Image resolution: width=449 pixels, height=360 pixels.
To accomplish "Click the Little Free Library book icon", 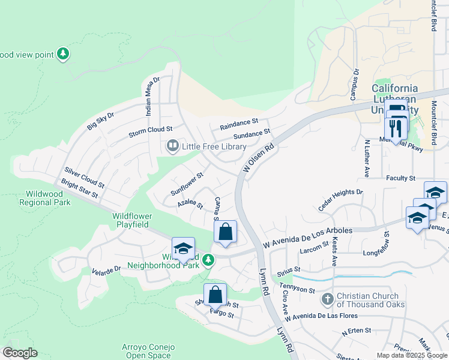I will pyautogui.click(x=173, y=146).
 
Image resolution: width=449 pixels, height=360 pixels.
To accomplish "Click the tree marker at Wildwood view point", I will pyautogui.click(x=63, y=55).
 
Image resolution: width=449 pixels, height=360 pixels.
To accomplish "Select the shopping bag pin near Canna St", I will pyautogui.click(x=225, y=233).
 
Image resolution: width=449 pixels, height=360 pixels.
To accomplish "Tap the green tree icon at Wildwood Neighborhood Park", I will pyautogui.click(x=208, y=260).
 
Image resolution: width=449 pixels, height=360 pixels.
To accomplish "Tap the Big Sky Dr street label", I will pyautogui.click(x=100, y=119).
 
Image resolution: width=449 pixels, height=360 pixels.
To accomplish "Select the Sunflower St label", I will pyautogui.click(x=187, y=184).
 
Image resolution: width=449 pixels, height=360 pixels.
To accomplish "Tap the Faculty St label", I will pyautogui.click(x=400, y=178).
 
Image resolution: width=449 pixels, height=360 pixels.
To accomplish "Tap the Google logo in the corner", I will pyautogui.click(x=20, y=353).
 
